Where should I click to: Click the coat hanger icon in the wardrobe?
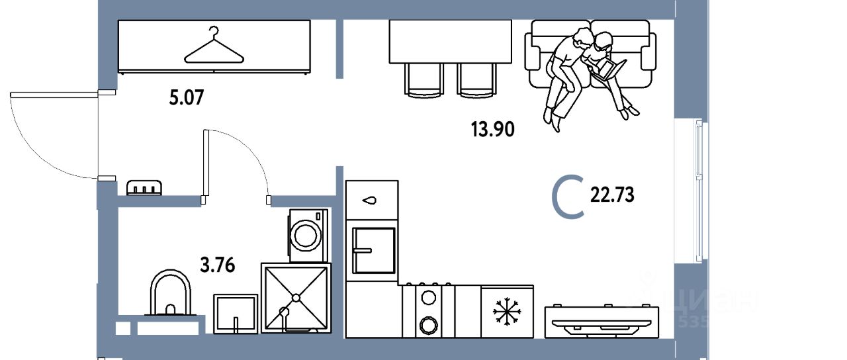212,48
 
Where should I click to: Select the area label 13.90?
492,129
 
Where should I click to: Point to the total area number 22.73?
611,195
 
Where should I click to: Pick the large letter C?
569,197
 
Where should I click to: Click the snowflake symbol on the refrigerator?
507,311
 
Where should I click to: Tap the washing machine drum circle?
306,234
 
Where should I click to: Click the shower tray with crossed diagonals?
295,297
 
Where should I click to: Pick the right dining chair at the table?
476,80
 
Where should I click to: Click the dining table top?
450,41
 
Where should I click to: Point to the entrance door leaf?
54,95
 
